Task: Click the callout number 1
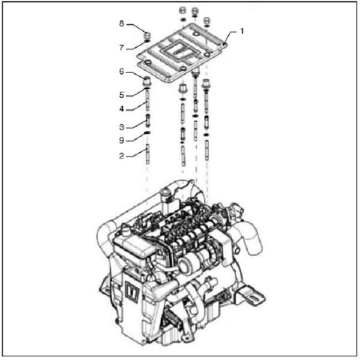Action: [242, 31]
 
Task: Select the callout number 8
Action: [121, 23]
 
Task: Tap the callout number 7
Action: [121, 48]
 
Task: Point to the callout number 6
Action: [121, 71]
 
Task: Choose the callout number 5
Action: [121, 95]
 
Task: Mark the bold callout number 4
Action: [121, 109]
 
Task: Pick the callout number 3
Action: [121, 127]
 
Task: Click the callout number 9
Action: [121, 140]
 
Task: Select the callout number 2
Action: [121, 156]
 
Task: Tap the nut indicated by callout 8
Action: [147, 36]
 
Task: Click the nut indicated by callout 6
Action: [147, 81]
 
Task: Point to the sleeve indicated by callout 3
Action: [148, 121]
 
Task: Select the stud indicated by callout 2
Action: [148, 154]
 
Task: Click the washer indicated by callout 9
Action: [147, 133]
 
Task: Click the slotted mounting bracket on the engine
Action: [252, 296]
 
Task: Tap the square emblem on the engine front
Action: [132, 292]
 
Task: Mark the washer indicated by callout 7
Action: [147, 41]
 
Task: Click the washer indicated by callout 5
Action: [147, 88]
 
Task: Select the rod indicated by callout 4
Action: [148, 101]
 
